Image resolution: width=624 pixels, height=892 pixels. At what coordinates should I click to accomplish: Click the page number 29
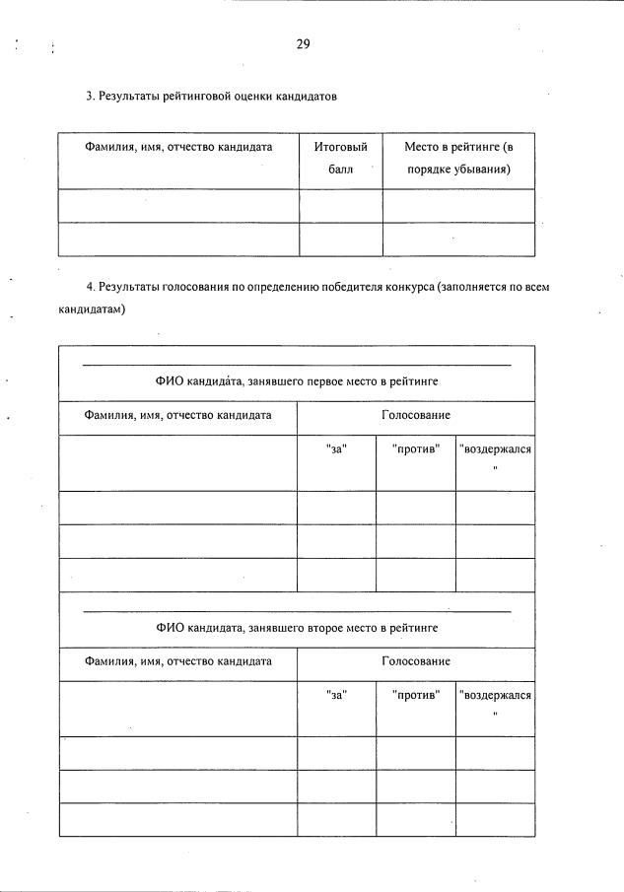tap(303, 43)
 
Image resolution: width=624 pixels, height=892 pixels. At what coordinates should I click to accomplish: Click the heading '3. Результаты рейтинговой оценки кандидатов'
tap(211, 97)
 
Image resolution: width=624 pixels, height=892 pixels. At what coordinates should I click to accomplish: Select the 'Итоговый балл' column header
tap(340, 158)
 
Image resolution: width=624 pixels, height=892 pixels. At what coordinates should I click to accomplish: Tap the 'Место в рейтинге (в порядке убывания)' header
tap(458, 158)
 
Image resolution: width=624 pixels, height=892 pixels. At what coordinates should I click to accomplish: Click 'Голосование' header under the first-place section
tap(415, 416)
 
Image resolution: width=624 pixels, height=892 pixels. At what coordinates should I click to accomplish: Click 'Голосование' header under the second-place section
tap(415, 662)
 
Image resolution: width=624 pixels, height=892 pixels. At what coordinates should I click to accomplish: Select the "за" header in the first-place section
tap(336, 449)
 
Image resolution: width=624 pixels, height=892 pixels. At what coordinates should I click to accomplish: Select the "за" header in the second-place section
tap(336, 696)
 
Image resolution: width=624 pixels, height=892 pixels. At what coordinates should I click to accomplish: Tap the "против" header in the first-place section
tap(415, 449)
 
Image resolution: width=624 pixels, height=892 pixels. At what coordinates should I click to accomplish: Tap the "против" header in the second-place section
tap(415, 696)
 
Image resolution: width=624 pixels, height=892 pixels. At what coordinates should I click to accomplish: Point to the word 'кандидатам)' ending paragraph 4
tap(93, 309)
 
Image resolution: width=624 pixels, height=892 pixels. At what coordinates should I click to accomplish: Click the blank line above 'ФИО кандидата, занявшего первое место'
tap(296, 366)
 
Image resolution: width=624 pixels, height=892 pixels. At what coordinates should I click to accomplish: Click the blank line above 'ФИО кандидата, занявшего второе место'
tap(296, 612)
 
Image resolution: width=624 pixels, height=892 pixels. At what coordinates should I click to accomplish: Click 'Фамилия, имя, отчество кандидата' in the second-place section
tap(177, 662)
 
